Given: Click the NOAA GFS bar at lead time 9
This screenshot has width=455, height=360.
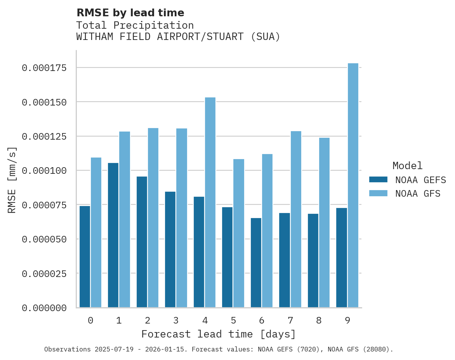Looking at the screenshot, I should coord(353,185).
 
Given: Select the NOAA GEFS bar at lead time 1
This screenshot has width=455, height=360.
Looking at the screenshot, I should coord(113,235).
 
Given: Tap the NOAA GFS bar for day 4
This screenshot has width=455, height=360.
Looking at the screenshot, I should coord(210,202).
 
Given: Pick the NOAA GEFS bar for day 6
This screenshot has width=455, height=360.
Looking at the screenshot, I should coord(256,263).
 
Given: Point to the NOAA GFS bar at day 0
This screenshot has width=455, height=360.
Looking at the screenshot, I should coord(96,232).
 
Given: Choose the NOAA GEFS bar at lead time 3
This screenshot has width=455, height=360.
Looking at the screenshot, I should coord(170,249).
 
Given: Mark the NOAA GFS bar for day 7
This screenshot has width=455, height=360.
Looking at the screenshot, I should coord(296,219).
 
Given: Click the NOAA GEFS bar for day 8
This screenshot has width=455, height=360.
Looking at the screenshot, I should coord(313,260).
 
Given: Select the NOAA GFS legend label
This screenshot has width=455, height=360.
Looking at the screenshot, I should coord(418,194).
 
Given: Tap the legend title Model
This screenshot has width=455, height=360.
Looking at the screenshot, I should coord(407,166).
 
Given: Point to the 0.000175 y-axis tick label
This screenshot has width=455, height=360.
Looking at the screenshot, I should coord(44,68).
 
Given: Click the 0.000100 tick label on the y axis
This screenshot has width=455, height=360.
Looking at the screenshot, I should coord(44,171).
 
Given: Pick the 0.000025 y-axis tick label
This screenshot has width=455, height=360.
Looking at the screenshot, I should coord(44,274).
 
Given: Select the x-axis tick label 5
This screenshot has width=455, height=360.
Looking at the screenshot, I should coord(233,320).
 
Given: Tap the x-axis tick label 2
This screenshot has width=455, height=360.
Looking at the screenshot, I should coord(148,320).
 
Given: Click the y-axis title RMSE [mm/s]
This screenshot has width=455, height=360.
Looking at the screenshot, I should coord(12,180).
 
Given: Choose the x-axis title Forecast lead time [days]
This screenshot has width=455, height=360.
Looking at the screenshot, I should coord(219,334).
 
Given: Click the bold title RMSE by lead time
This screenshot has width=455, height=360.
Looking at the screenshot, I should coord(130,13).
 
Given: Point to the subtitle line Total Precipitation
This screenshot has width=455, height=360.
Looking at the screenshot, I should coord(135,25).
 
